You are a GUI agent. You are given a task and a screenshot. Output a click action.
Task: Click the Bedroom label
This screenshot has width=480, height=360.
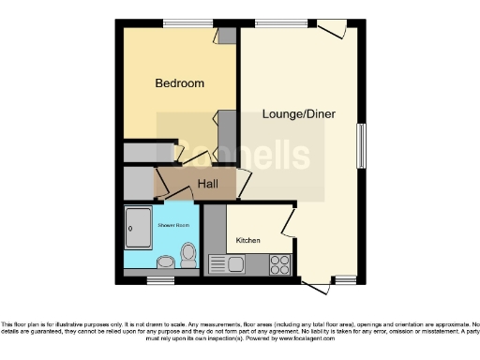pos(179,83)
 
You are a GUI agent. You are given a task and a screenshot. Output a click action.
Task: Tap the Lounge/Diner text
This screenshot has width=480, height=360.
pos(298,114)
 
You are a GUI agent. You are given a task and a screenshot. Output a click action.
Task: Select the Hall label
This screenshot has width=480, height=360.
pos(207,184)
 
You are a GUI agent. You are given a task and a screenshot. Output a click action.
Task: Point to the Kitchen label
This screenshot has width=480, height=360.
pos(247,240)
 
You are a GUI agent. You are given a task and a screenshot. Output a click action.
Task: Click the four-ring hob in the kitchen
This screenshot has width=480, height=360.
pos(278,263)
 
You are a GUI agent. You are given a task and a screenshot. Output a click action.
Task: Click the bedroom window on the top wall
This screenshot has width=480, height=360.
pos(178,22)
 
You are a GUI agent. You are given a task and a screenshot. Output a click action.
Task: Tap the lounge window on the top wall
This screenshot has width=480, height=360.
pos(272,22)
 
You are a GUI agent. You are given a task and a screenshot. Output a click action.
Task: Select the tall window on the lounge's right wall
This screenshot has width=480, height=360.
pos(361,145)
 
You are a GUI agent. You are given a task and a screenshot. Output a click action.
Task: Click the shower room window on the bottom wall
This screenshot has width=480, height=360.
pos(159,278)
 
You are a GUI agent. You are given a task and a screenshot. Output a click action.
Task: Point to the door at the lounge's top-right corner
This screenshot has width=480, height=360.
pos(333,30)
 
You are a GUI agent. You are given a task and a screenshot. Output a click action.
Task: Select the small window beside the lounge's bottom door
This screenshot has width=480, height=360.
pos(345,278)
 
